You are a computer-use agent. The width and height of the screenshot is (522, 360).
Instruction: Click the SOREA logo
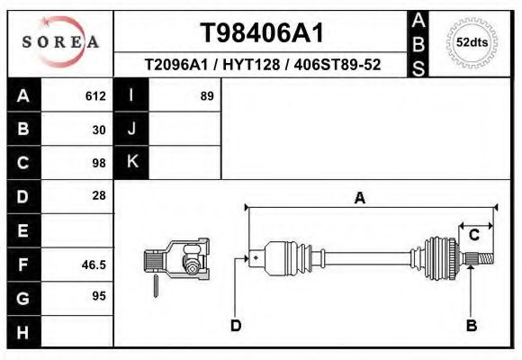[60, 42]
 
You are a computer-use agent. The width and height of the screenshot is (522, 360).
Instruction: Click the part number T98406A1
[261, 33]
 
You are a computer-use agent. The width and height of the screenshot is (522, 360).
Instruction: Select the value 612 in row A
[95, 95]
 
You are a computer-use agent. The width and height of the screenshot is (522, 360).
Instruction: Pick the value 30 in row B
[99, 129]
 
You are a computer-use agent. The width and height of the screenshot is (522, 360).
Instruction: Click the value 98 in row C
[99, 163]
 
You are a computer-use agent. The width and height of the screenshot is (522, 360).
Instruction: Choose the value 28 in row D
[99, 195]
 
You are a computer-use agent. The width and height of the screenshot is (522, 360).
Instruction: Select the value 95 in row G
[99, 296]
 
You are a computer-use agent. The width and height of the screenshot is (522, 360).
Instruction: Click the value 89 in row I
[206, 95]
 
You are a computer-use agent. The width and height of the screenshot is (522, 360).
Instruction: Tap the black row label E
[22, 231]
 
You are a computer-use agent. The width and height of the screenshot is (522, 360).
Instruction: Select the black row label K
[131, 162]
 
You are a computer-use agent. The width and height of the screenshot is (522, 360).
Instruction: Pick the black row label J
[131, 129]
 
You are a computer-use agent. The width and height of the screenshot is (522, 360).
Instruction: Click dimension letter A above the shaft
[359, 199]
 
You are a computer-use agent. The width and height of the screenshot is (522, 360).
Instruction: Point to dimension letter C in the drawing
[473, 235]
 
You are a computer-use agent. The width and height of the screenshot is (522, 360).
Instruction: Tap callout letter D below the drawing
[236, 325]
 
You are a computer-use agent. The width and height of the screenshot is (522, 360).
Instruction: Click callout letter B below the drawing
[471, 325]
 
